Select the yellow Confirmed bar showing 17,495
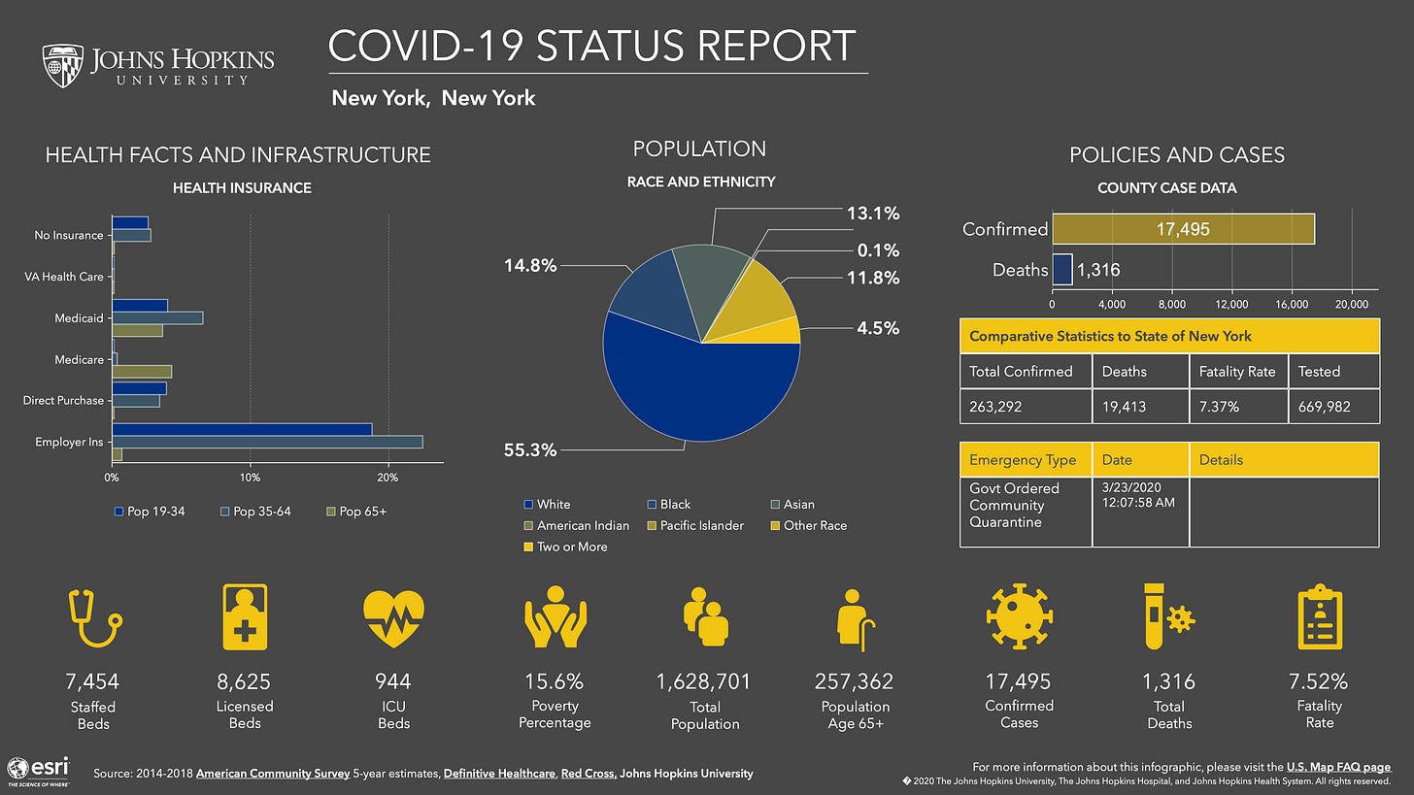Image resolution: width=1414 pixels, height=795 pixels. point(1183,229)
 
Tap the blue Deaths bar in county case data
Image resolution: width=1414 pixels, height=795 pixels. point(1061,270)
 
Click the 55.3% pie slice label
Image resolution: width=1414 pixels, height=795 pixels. point(529,450)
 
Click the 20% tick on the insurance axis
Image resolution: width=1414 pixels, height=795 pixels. point(387,478)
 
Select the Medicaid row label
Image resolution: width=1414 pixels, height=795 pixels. point(79,318)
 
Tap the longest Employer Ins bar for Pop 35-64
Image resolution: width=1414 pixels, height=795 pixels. point(267,442)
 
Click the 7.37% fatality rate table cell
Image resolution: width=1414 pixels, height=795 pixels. point(1237,406)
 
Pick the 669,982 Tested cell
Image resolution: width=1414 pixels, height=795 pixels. point(1332,406)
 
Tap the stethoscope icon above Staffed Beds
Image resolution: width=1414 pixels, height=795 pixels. point(93,619)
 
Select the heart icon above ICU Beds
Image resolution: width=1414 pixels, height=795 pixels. point(393,619)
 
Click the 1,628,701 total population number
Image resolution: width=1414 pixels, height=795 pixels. point(705,682)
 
